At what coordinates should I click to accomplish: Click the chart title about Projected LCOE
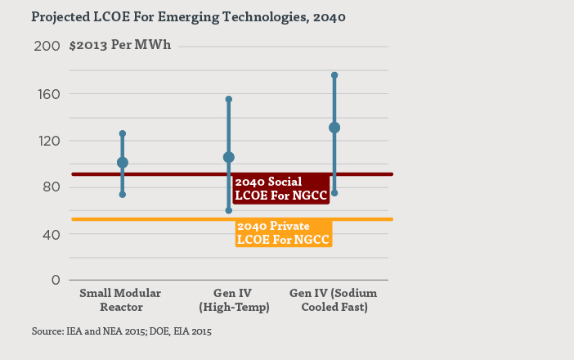coord(177,16)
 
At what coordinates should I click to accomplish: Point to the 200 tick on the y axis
coord(48,47)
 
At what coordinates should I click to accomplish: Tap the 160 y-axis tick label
coord(48,93)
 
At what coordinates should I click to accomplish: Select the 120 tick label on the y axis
coord(48,140)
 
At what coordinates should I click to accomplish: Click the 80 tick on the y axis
coord(51,187)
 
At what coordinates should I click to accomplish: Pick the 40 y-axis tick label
coord(51,234)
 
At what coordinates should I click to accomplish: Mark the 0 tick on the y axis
coord(55,280)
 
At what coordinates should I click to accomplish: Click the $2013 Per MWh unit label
coord(121,45)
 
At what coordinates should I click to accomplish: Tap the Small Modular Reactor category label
coord(120,299)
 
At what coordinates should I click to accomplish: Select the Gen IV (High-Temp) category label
coord(229,299)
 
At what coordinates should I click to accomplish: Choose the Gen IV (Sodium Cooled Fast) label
coord(334,299)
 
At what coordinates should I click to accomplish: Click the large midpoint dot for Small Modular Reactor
coord(123,163)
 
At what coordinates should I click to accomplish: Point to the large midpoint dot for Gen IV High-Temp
coord(229,157)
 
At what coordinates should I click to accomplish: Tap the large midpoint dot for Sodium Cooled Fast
coord(334,128)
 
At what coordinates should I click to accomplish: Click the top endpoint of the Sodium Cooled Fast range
coord(334,75)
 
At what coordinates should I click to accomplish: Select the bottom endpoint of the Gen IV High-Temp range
coord(229,210)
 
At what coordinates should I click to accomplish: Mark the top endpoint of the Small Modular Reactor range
coord(123,133)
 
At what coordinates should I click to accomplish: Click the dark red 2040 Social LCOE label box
coord(280,188)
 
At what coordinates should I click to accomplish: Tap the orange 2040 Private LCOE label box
coord(284,233)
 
